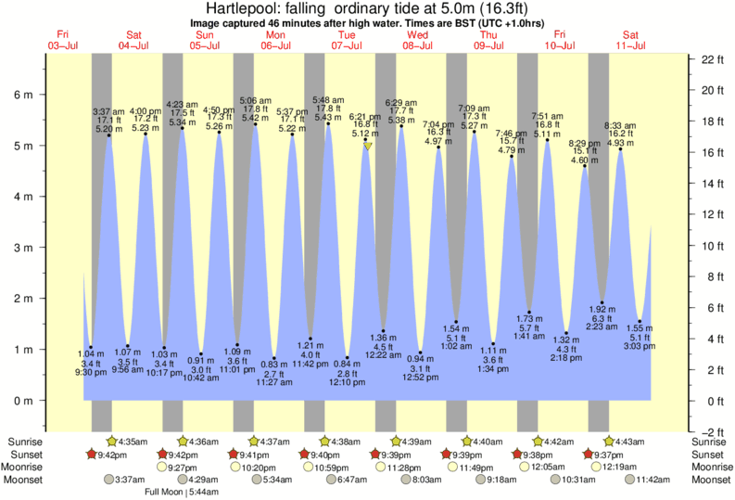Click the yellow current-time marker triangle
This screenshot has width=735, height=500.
368,146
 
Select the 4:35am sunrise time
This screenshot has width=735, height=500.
133,442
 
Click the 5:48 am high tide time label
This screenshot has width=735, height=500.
329,100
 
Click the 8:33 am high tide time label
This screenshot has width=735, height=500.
620,124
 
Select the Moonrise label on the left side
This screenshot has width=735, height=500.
29,467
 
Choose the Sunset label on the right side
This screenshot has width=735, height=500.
709,455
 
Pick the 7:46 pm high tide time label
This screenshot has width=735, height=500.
511,133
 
